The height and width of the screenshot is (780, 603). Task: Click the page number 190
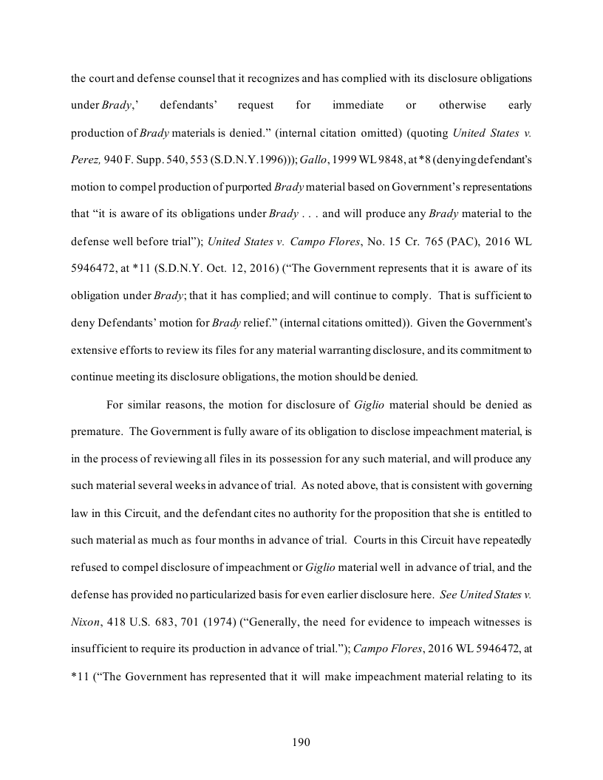point(301,742)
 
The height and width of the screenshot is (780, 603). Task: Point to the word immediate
point(358,105)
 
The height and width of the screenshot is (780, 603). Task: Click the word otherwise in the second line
point(462,105)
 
